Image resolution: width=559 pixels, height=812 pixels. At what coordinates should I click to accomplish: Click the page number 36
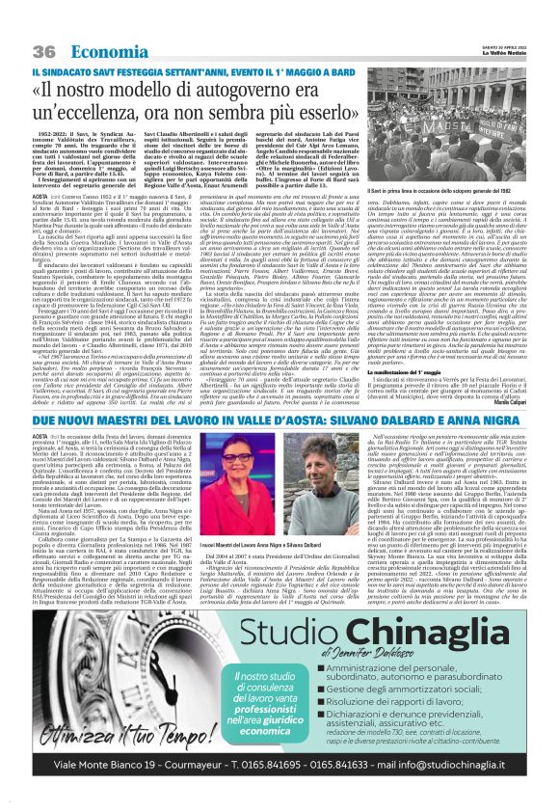[44, 51]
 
